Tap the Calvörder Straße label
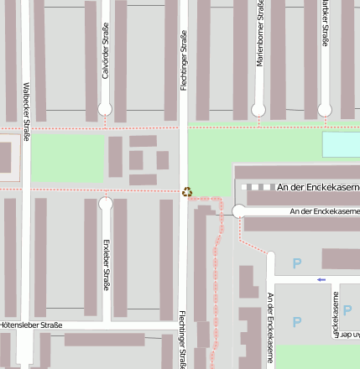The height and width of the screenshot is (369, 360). tap(106, 51)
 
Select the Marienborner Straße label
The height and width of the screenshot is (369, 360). tap(260, 34)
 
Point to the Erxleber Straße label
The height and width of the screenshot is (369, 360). tap(107, 264)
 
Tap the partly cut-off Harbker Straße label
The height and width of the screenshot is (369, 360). tap(326, 23)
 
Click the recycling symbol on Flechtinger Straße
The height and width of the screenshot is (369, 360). tap(187, 191)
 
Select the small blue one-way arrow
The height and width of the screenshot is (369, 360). tap(321, 279)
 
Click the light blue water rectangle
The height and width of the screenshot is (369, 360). tap(341, 145)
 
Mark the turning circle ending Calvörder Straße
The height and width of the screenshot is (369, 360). tap(105, 109)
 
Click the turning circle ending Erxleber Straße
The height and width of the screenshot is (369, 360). tap(106, 204)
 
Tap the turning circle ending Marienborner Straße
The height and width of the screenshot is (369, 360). tap(258, 110)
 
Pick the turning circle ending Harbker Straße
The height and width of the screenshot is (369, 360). tap(325, 110)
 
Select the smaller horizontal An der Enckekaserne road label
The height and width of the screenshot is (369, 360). tap(324, 211)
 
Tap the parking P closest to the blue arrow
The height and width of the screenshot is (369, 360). tap(296, 263)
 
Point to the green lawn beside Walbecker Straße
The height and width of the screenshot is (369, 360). tap(67, 158)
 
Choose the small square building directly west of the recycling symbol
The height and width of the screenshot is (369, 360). tap(163, 159)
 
